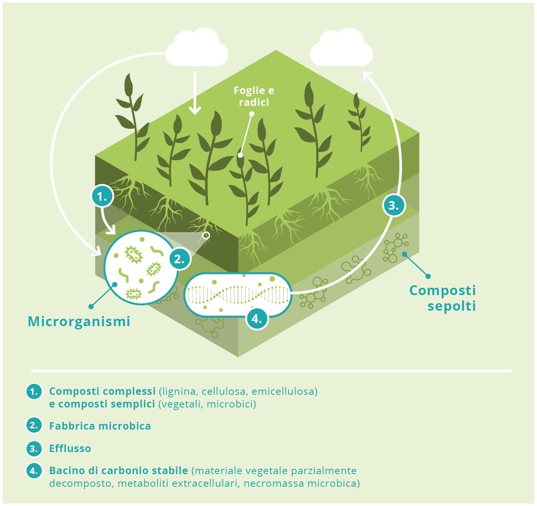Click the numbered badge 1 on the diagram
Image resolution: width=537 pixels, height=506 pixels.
click(102, 196)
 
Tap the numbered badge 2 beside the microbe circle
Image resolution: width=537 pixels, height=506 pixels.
click(180, 259)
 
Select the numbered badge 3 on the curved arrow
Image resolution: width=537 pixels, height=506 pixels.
click(394, 205)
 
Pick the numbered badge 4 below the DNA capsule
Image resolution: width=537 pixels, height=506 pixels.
click(257, 318)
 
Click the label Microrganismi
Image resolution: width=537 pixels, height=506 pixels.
click(79, 322)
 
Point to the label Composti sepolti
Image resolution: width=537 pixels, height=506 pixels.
click(443, 298)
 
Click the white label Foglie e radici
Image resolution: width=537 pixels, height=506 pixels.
click(254, 96)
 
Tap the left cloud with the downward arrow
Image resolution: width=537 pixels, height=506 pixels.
click(197, 47)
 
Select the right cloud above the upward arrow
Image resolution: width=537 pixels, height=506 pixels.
click(341, 47)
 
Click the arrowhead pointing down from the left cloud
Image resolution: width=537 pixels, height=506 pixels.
click(195, 111)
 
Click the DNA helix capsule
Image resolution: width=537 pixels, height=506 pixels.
click(238, 295)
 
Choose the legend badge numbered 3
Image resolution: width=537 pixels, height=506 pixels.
click(34, 449)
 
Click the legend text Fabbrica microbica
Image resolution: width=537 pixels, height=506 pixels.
click(100, 426)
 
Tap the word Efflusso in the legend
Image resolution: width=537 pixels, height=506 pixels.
click(70, 449)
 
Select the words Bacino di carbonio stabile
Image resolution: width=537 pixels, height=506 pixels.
click(119, 471)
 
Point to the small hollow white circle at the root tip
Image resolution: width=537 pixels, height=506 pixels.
click(206, 235)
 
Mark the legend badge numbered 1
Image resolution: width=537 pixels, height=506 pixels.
click(34, 392)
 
